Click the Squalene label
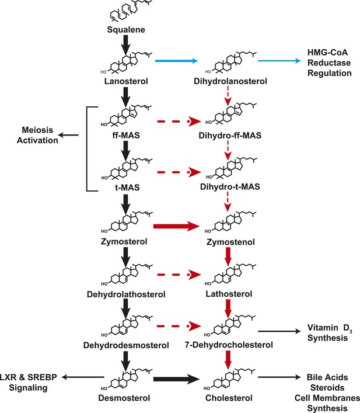pos(126,29)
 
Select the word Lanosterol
pos(126,81)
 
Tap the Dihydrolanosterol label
pos(230,81)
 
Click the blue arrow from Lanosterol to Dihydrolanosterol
pos(176,61)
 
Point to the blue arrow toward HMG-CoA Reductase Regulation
pos(279,61)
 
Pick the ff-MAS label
pos(126,136)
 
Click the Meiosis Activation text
pos(37,135)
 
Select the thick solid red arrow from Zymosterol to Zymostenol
pos(176,226)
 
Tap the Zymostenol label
pos(230,242)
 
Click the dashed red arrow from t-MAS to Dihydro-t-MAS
pos(179,172)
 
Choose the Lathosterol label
pos(229,294)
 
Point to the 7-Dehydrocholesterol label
pos(229,345)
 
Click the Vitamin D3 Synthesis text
pos(330,332)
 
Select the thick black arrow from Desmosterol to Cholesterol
pos(176,379)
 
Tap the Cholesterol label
pos(229,398)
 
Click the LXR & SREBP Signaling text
pos(29,383)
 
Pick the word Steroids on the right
pos(327,388)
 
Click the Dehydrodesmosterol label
pos(126,345)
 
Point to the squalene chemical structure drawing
pos(130,11)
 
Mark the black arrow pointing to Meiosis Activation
pos(68,135)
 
